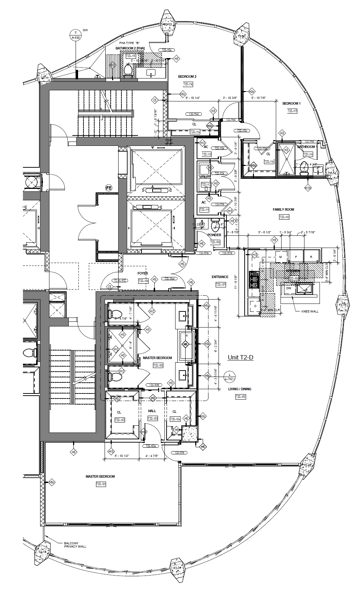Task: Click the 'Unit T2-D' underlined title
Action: coord(240,357)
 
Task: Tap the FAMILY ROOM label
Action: coord(283,210)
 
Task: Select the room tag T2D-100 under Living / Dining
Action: coord(241,397)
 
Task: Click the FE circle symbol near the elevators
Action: coord(109,188)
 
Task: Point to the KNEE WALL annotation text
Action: coord(310,311)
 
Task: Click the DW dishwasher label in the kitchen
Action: coord(289,288)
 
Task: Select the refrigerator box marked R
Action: coord(311,257)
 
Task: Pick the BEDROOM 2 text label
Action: coord(187,77)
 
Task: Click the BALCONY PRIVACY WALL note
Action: coord(75,545)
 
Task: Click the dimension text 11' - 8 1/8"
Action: coord(236,282)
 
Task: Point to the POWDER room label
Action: coord(214,235)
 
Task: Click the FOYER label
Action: coord(143,273)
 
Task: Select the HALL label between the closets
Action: coord(152,411)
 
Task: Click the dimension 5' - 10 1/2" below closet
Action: coord(122,456)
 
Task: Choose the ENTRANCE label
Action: coord(220,277)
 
